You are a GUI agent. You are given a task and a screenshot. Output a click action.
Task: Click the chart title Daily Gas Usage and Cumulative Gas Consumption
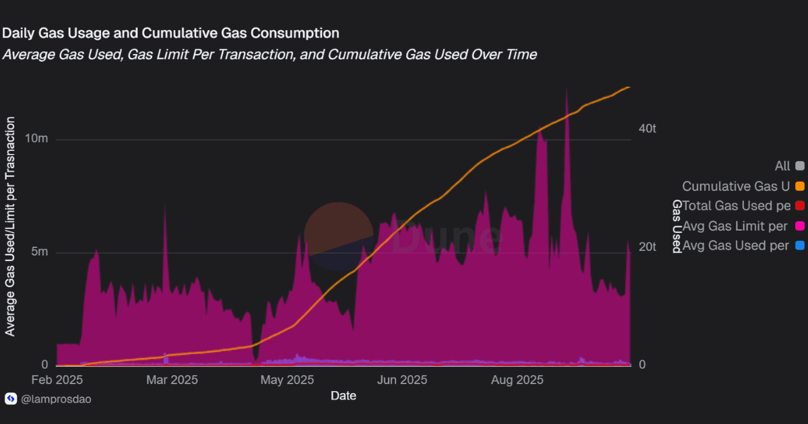(x=170, y=32)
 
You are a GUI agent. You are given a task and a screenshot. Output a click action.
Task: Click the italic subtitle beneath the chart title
(x=269, y=55)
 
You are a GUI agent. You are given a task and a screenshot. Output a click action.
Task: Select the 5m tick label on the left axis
(x=38, y=252)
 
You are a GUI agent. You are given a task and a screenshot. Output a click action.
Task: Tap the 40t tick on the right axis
(x=646, y=129)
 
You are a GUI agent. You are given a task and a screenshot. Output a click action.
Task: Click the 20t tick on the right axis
(x=646, y=247)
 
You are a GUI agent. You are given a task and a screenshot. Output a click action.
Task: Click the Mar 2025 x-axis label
(x=172, y=380)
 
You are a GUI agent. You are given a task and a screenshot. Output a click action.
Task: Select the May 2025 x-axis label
(x=288, y=380)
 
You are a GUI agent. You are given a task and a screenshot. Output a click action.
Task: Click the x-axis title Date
(x=343, y=396)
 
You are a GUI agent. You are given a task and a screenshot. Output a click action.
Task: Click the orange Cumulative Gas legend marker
(x=800, y=186)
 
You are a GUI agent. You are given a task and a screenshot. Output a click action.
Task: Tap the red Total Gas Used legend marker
(x=800, y=206)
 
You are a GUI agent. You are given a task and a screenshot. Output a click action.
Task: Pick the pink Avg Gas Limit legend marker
(x=800, y=226)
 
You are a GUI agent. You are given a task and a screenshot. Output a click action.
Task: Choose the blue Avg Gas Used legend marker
(x=800, y=246)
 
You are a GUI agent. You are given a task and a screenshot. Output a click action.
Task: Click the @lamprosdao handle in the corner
(x=56, y=399)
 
